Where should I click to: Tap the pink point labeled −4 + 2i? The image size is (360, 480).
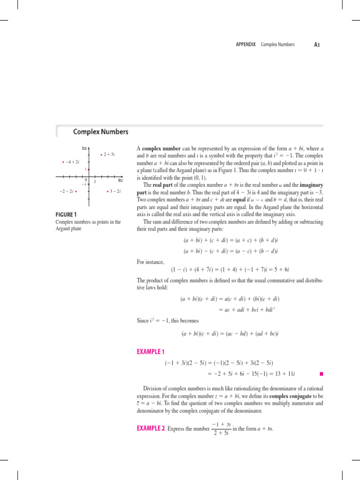pos(63,162)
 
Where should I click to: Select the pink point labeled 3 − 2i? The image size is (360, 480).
pos(108,191)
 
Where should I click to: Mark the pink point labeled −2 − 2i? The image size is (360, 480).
pos(75,191)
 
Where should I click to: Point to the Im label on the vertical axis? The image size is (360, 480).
pos(84,149)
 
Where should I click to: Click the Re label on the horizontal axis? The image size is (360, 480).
pos(120,180)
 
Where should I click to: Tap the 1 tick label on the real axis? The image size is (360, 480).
pos(95,181)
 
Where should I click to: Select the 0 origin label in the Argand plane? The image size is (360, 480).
pos(86,180)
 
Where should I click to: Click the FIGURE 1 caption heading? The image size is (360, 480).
pos(69,215)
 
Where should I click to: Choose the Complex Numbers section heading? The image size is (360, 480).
pos(100,132)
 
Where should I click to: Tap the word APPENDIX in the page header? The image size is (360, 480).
pos(247,45)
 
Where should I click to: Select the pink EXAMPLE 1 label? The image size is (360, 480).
pos(150,351)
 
